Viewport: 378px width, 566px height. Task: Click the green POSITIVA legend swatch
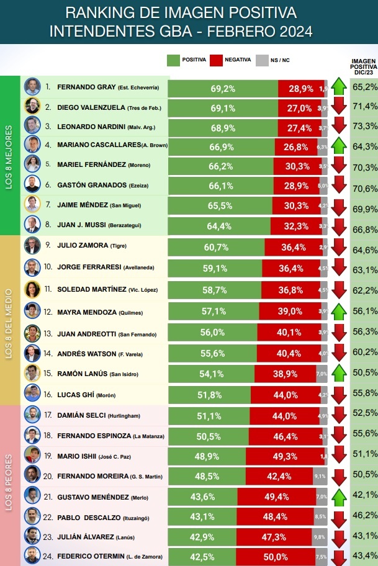[173, 60]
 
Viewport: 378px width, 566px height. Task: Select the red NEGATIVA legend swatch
[217, 60]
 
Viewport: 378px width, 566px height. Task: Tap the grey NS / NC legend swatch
[262, 60]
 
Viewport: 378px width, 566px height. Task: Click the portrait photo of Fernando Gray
[32, 87]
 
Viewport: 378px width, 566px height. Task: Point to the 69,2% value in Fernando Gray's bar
[223, 89]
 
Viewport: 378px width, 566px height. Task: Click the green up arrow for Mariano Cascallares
[338, 146]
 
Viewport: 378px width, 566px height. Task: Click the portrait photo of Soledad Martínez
[32, 290]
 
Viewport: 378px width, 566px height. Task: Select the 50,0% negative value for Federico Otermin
[291, 555]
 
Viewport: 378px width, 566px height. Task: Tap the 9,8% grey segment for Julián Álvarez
[320, 536]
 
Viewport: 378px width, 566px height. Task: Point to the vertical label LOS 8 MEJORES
[9, 155]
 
